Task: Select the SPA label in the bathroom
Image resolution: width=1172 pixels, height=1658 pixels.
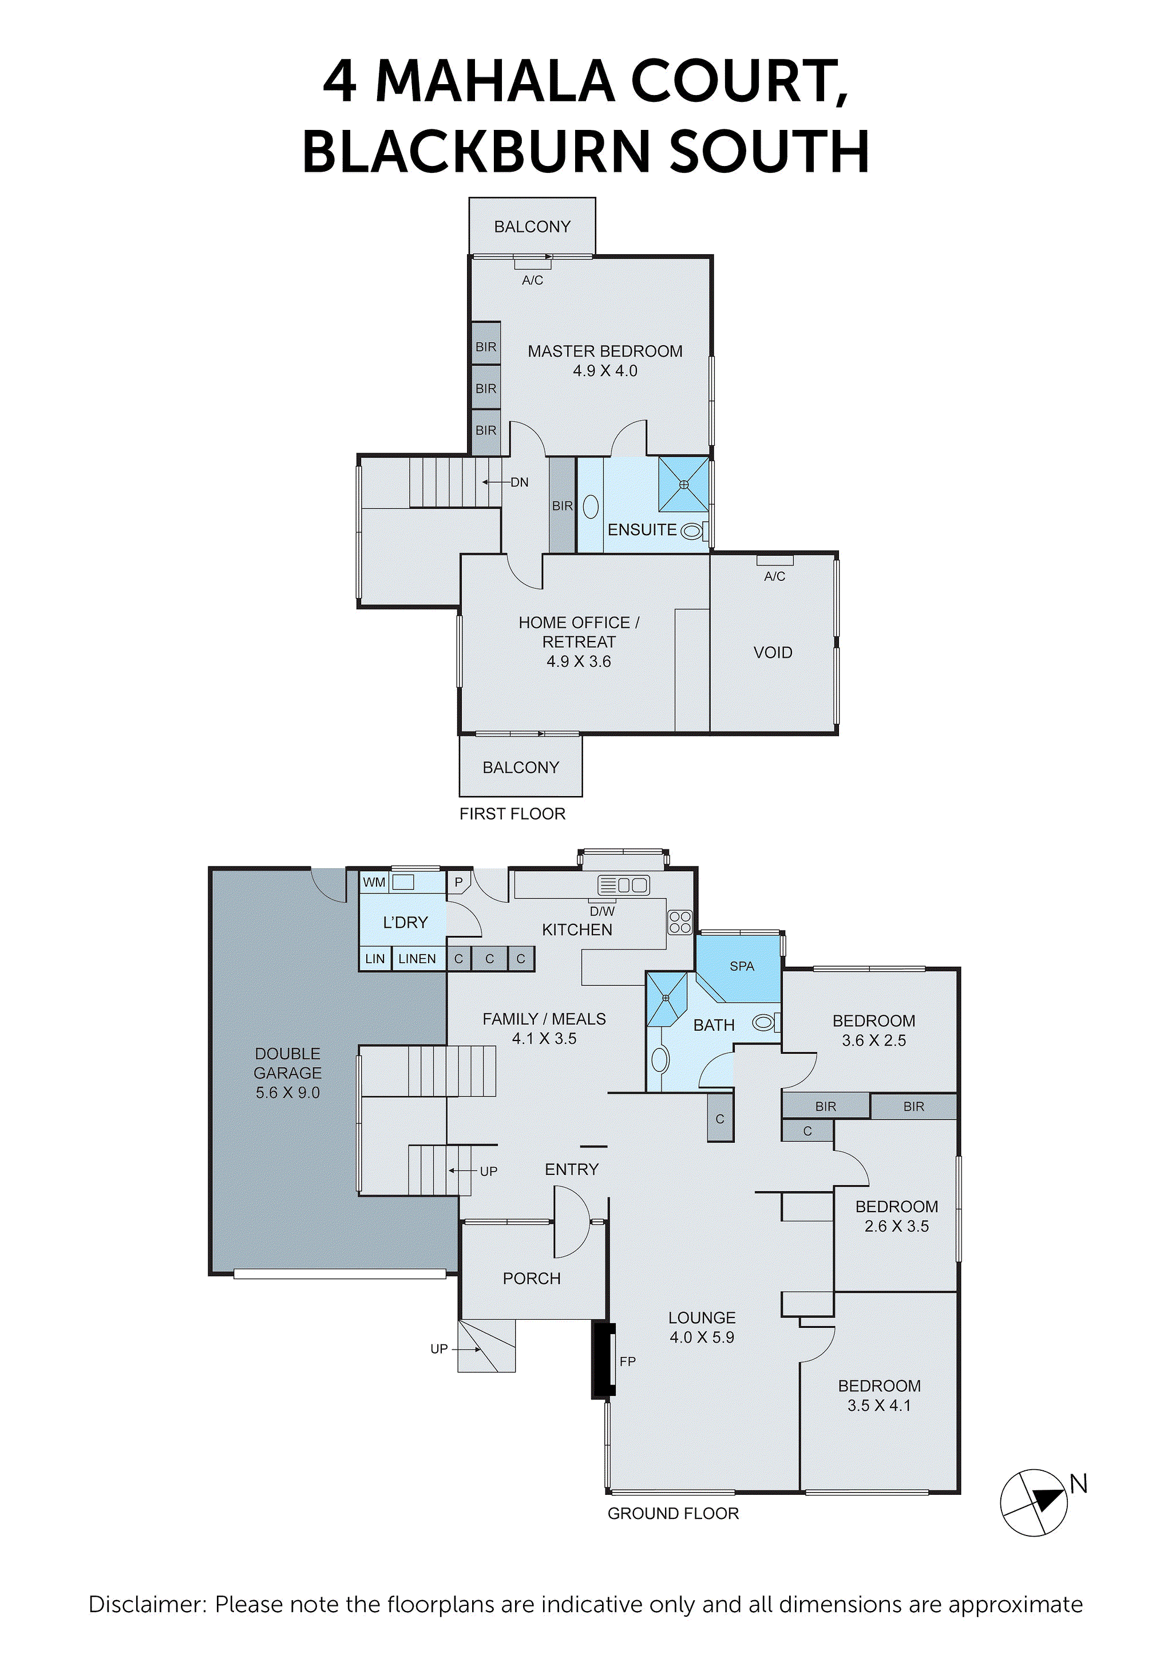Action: click(742, 966)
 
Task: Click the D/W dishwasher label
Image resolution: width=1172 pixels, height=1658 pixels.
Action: click(602, 911)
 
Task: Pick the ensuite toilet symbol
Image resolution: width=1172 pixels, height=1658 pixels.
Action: click(693, 532)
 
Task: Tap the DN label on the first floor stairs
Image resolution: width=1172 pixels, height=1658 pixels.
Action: click(519, 482)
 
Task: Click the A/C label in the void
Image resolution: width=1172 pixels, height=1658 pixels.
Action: click(774, 576)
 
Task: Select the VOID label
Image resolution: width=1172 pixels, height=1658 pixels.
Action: click(773, 653)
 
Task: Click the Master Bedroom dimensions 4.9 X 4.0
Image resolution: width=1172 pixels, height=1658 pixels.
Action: click(605, 371)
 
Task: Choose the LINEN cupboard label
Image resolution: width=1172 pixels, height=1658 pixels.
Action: click(417, 959)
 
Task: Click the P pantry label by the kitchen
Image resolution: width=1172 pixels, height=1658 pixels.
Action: click(458, 882)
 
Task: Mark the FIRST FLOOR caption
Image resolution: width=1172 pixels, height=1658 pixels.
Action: click(512, 814)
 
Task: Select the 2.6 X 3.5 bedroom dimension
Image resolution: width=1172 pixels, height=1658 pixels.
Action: click(896, 1226)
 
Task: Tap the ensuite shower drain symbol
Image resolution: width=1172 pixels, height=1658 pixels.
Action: click(683, 485)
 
